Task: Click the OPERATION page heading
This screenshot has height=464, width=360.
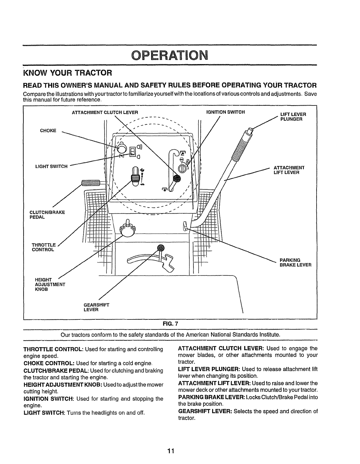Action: pos(169,55)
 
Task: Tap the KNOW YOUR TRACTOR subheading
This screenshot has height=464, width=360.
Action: pos(67,72)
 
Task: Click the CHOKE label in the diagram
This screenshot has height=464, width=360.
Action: pos(48,130)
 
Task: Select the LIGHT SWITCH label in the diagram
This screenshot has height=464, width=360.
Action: pos(51,166)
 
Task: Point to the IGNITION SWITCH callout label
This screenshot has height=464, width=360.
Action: pos(225,112)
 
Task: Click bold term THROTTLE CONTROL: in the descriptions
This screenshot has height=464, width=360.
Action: pos(49,349)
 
